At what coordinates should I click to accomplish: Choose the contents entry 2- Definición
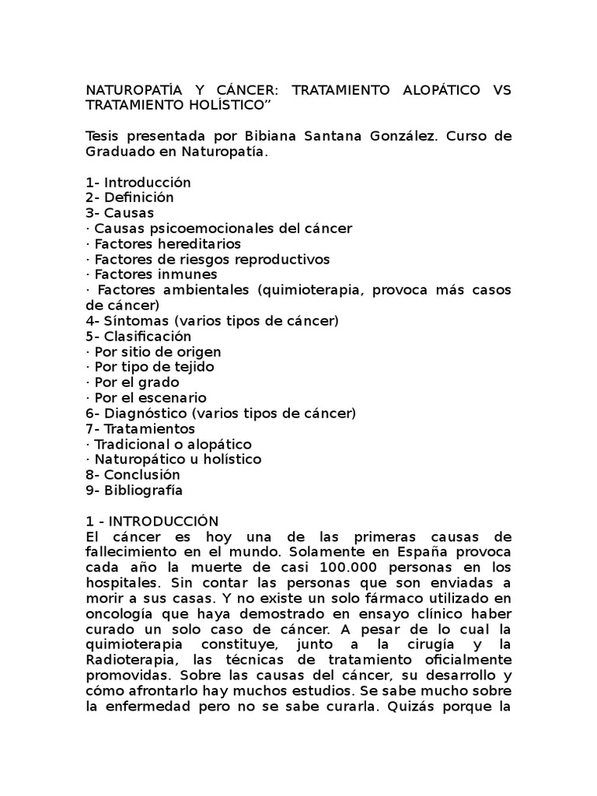tap(130, 197)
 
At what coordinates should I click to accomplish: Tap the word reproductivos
tap(280, 259)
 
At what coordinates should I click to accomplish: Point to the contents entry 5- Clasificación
tap(138, 336)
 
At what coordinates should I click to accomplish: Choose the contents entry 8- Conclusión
tap(133, 474)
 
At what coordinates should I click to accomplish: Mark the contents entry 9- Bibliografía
tap(134, 490)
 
